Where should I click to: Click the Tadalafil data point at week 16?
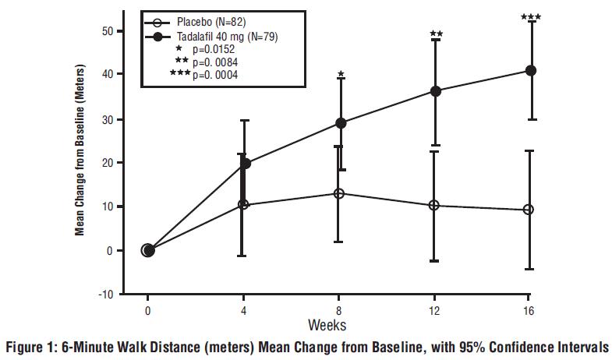[x=531, y=70]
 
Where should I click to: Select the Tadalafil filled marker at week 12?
[x=436, y=91]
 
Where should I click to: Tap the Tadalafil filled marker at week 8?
[x=340, y=122]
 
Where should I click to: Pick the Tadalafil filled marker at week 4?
[x=245, y=164]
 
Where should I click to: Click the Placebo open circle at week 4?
[x=243, y=204]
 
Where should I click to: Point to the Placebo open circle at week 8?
[x=338, y=193]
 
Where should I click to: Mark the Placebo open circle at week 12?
[x=434, y=205]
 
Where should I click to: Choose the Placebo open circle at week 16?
[x=529, y=210]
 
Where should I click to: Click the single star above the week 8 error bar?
[x=340, y=74]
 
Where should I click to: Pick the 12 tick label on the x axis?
[x=434, y=309]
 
